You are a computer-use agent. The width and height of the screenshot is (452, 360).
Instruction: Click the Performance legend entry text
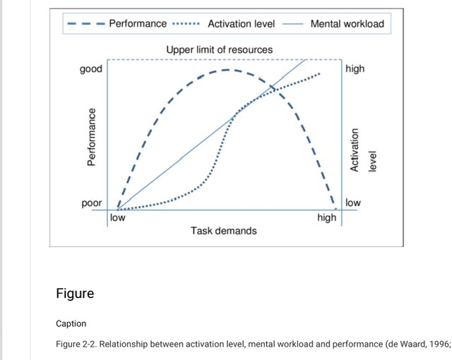[x=138, y=23]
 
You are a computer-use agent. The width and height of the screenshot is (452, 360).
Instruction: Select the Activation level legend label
[x=240, y=23]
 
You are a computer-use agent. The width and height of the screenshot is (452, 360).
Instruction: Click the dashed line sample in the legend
[x=85, y=23]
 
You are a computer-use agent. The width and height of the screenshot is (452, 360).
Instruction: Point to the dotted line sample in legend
[x=186, y=23]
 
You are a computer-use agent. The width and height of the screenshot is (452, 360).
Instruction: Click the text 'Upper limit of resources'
[x=220, y=49]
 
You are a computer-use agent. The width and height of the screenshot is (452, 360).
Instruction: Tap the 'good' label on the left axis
[x=91, y=69]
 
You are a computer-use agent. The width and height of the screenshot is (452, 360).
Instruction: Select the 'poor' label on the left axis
[x=92, y=203]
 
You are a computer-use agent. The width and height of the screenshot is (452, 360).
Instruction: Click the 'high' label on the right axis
[x=355, y=69]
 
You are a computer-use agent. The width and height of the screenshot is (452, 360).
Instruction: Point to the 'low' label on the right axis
[x=353, y=203]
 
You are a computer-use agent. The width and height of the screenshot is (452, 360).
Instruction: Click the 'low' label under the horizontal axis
[x=117, y=217]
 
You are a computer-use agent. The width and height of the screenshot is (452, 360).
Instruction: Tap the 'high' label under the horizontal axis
[x=327, y=217]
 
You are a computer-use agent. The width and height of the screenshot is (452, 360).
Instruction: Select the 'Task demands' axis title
[x=224, y=231]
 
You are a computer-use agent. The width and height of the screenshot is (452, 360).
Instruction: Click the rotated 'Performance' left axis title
[x=90, y=137]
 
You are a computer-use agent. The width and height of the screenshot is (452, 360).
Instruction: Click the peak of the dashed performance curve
[x=225, y=70]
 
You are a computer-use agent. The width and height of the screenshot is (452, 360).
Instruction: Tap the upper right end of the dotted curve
[x=320, y=73]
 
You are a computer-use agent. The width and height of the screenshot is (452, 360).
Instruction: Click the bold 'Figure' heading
[x=75, y=293]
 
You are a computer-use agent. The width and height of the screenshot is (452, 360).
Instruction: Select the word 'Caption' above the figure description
[x=71, y=323]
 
